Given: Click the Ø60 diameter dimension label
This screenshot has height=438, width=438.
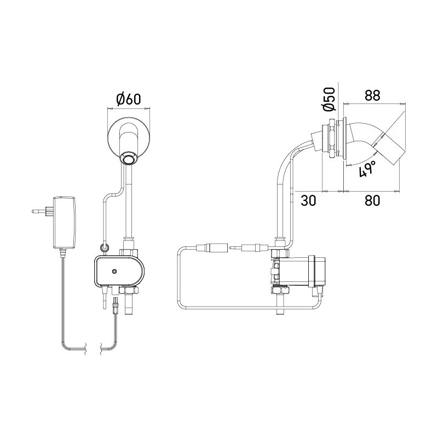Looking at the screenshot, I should (x=129, y=99).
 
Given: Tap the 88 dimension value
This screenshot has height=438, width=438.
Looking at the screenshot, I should (x=372, y=95).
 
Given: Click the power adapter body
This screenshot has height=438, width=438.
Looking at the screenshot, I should (x=65, y=221).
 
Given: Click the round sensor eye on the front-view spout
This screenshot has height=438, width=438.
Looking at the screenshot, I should (x=129, y=159).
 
